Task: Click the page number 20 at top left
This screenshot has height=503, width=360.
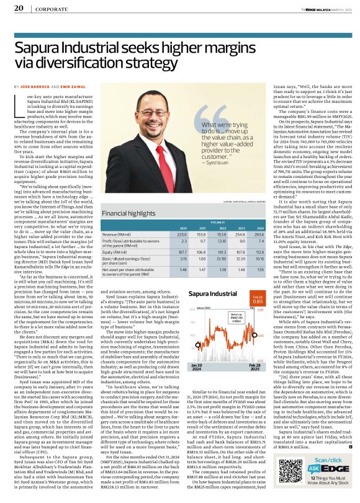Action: point(19,8)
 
